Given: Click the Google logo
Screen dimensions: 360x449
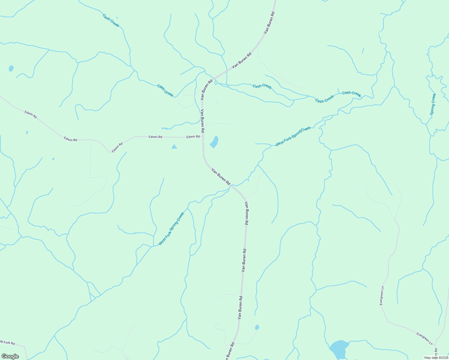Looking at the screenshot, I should pos(10,356).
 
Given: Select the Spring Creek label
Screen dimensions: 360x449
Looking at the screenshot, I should pos(433,104).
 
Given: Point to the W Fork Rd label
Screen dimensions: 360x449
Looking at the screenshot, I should pos(8,342).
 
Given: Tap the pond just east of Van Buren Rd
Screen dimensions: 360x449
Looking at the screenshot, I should pos(214,142).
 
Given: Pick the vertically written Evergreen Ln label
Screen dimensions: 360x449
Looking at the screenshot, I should pos(382,295).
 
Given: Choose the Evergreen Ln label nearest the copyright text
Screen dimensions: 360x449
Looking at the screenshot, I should pos(424,338).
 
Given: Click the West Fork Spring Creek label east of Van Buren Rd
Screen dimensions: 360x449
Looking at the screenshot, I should pos(293,136).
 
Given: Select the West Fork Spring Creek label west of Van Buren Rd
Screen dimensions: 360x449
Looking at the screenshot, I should pos(171,229).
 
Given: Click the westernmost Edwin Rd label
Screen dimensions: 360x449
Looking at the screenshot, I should pos(31,114).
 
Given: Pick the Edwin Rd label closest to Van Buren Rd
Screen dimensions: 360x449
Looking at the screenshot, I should pos(193,137).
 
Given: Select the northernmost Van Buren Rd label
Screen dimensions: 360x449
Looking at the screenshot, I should pos(269,22).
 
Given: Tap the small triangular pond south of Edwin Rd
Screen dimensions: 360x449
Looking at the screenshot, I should pos(174,147).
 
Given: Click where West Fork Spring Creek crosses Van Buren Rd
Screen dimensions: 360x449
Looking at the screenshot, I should pos(231,186).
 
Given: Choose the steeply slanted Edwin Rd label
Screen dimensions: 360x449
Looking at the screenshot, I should pos(117,148).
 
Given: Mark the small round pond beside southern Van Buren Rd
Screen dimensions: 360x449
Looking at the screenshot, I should pos(257,327).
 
